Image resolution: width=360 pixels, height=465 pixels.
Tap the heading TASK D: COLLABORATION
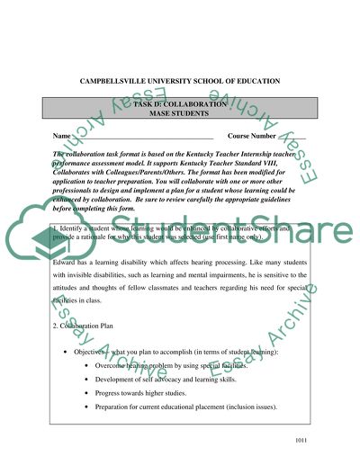click(179, 106)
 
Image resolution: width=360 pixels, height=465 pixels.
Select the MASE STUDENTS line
click(179, 116)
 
